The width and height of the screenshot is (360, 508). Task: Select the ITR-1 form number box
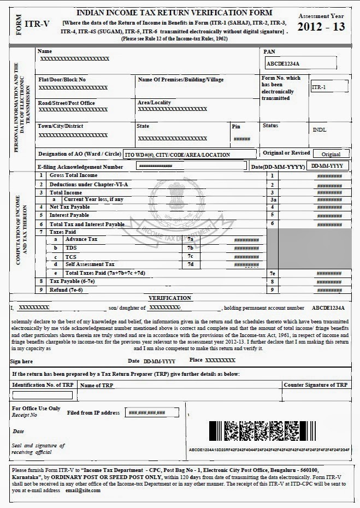328,87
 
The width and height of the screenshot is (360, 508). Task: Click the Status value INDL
320,131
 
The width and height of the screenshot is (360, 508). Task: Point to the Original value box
331,155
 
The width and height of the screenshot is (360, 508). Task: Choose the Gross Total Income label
73,175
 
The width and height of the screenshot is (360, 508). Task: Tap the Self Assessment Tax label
90,264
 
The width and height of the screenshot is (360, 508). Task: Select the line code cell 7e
272,273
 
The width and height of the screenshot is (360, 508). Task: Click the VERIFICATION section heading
170,298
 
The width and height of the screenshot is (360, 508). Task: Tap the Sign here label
22,362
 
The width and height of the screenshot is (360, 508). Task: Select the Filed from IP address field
147,413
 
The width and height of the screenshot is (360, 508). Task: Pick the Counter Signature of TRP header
315,385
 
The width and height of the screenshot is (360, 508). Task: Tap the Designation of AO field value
189,155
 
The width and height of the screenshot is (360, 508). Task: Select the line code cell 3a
272,200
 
